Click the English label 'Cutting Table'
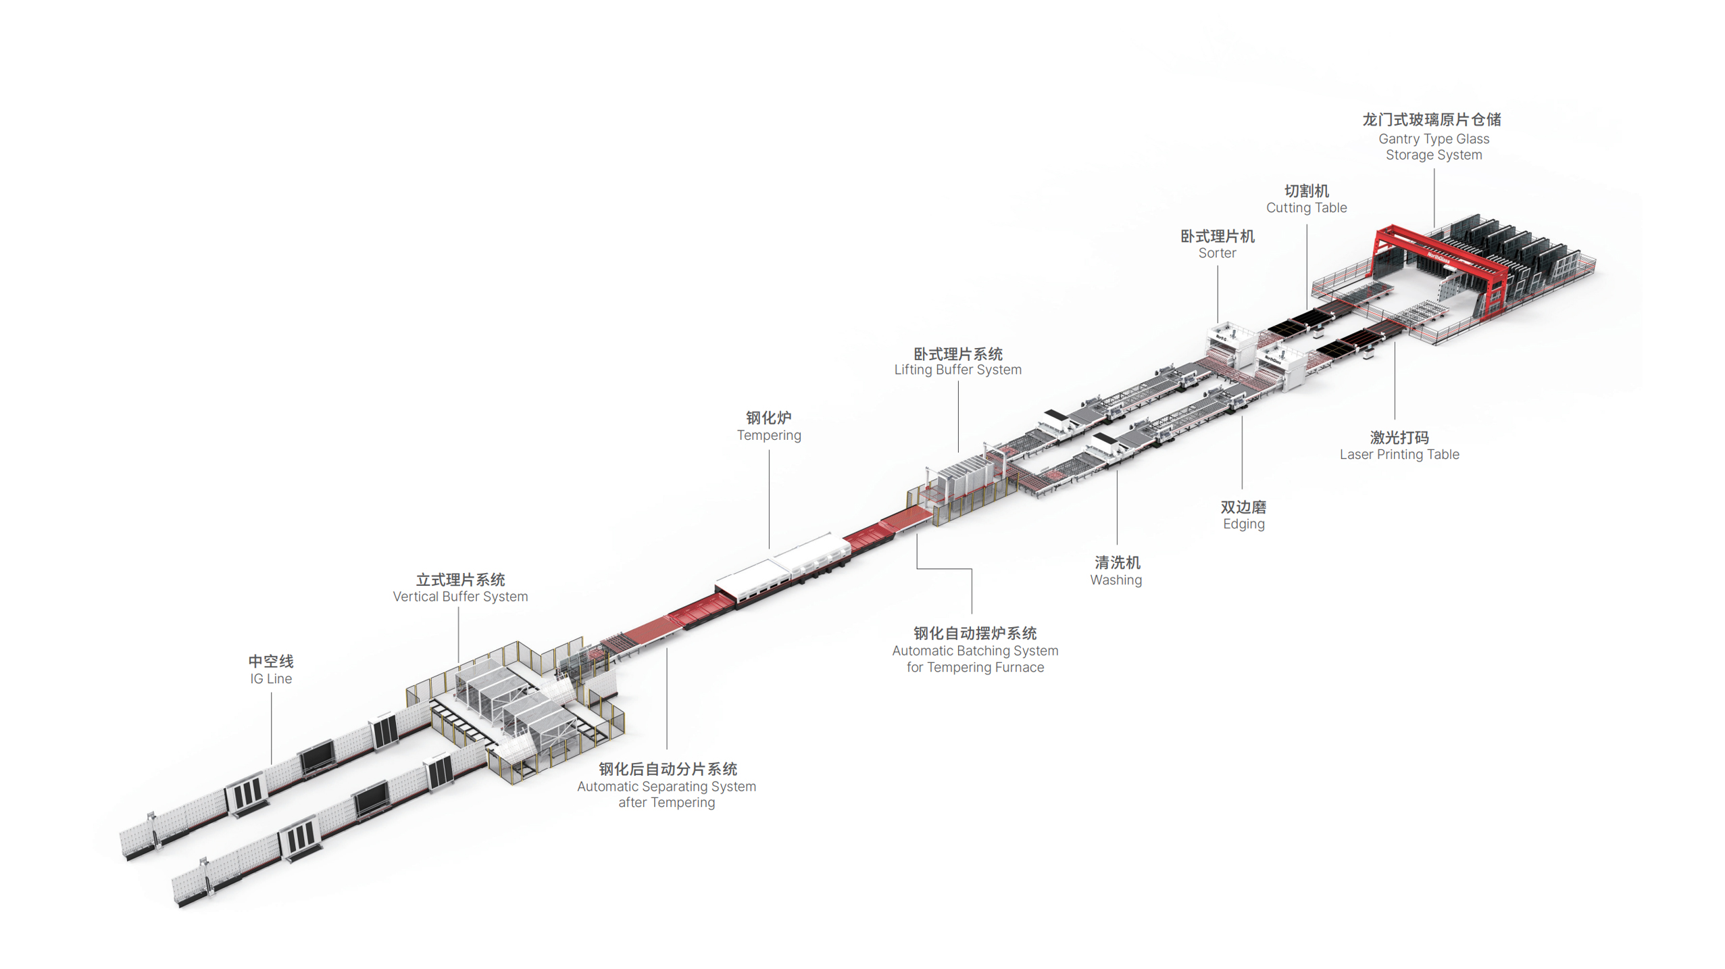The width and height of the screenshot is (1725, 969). pyautogui.click(x=1306, y=207)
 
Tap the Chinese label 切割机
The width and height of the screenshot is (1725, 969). pyautogui.click(x=1306, y=191)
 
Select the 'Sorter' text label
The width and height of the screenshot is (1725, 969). pyautogui.click(x=1217, y=253)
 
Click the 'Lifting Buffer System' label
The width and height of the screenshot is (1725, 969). pyautogui.click(x=957, y=370)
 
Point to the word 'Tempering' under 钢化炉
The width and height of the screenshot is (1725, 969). pyautogui.click(x=769, y=435)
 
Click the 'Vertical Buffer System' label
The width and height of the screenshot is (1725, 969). pyautogui.click(x=460, y=596)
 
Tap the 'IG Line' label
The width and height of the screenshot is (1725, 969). pyautogui.click(x=271, y=678)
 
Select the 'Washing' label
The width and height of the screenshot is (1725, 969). pyautogui.click(x=1116, y=580)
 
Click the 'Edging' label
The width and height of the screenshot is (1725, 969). pyautogui.click(x=1243, y=524)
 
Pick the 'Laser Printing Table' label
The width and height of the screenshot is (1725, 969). pyautogui.click(x=1399, y=454)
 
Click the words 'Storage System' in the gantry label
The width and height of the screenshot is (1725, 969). pyautogui.click(x=1434, y=155)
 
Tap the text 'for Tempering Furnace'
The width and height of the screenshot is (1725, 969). pyautogui.click(x=975, y=667)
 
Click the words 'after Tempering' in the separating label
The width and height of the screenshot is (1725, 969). pyautogui.click(x=666, y=802)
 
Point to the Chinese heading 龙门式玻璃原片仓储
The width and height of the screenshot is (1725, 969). pyautogui.click(x=1431, y=120)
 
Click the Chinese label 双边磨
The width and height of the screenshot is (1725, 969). pyautogui.click(x=1243, y=507)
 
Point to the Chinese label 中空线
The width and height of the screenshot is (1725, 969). pyautogui.click(x=271, y=661)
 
